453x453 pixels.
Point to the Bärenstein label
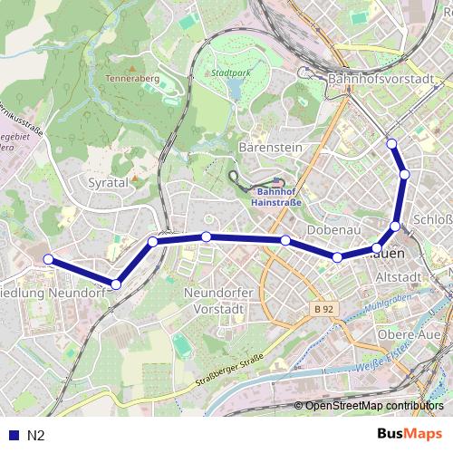pyautogui.click(x=269, y=146)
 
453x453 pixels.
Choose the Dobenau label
pyautogui.click(x=334, y=229)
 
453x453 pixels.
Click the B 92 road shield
pyautogui.click(x=324, y=309)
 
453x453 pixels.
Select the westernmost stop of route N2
pyautogui.click(x=48, y=260)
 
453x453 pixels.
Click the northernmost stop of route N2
pyautogui.click(x=391, y=143)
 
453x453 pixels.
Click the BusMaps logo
pyautogui.click(x=410, y=434)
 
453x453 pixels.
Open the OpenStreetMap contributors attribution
pyautogui.click(x=374, y=407)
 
